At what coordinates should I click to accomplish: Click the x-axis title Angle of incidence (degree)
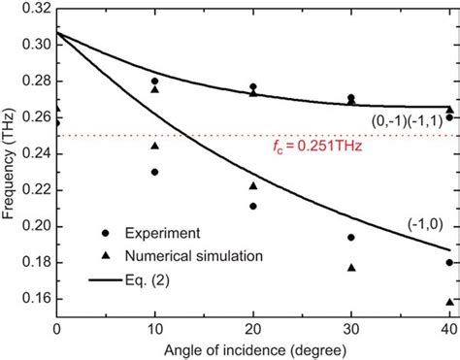coord(253,348)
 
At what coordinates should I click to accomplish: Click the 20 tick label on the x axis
coord(252,329)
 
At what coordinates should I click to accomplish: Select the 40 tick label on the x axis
coord(447,329)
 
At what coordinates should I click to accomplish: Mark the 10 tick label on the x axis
coord(154,329)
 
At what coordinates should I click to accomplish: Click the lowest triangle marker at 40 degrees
coord(448,302)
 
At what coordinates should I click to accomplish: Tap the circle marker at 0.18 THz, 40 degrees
coord(448,263)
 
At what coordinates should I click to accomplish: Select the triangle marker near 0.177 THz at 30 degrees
coord(351,268)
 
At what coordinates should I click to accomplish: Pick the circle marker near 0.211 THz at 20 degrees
coord(252,206)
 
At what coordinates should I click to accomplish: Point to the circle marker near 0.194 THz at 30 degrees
coord(351,237)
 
